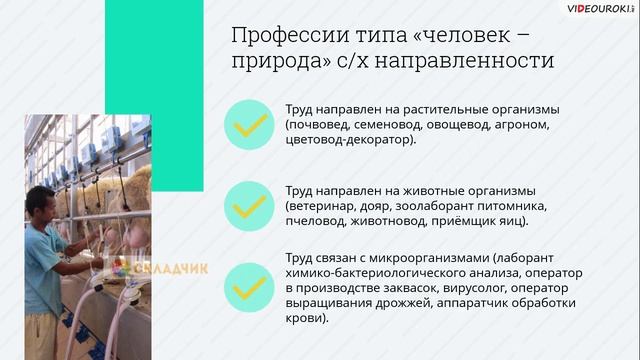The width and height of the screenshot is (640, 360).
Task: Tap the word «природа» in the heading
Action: tap(275, 62)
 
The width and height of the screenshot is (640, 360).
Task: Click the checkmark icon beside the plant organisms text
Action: tap(248, 124)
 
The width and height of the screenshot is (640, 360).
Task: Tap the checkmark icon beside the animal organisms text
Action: tap(248, 205)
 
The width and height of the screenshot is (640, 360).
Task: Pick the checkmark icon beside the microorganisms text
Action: tap(248, 286)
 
